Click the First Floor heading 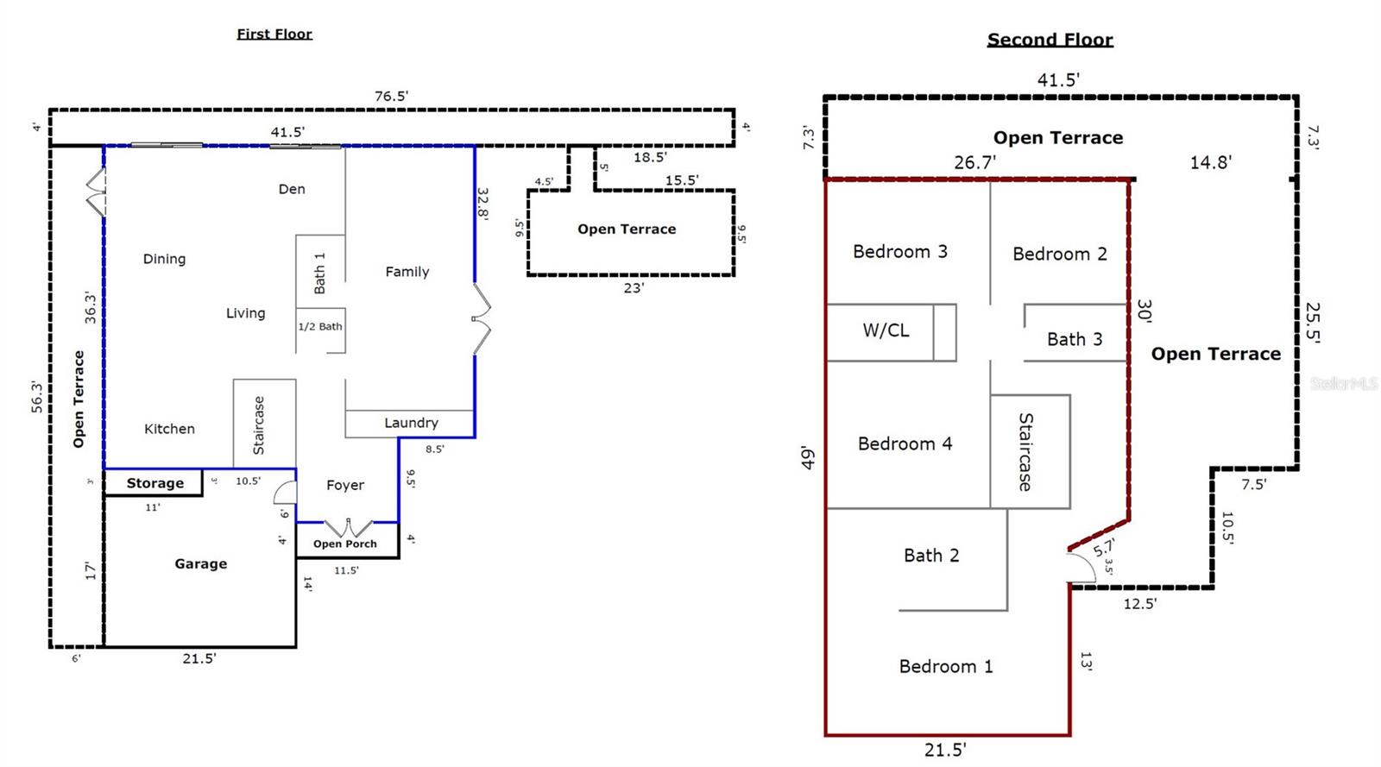point(274,34)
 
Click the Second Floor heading point(1050,40)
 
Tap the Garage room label point(200,563)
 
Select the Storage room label point(154,483)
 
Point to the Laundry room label point(411,423)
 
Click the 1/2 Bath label point(320,326)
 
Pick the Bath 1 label point(319,273)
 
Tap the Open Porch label point(345,544)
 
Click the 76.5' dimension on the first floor point(391,96)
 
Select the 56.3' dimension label point(36,397)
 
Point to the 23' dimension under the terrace point(634,288)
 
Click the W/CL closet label point(886,330)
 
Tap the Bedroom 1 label point(946,666)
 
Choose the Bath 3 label point(1075,339)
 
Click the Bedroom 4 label point(905,443)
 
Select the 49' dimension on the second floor point(808,458)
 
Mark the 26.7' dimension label point(974,162)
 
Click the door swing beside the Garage point(285,492)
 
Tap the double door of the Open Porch point(348,526)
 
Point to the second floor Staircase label point(1025,451)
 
